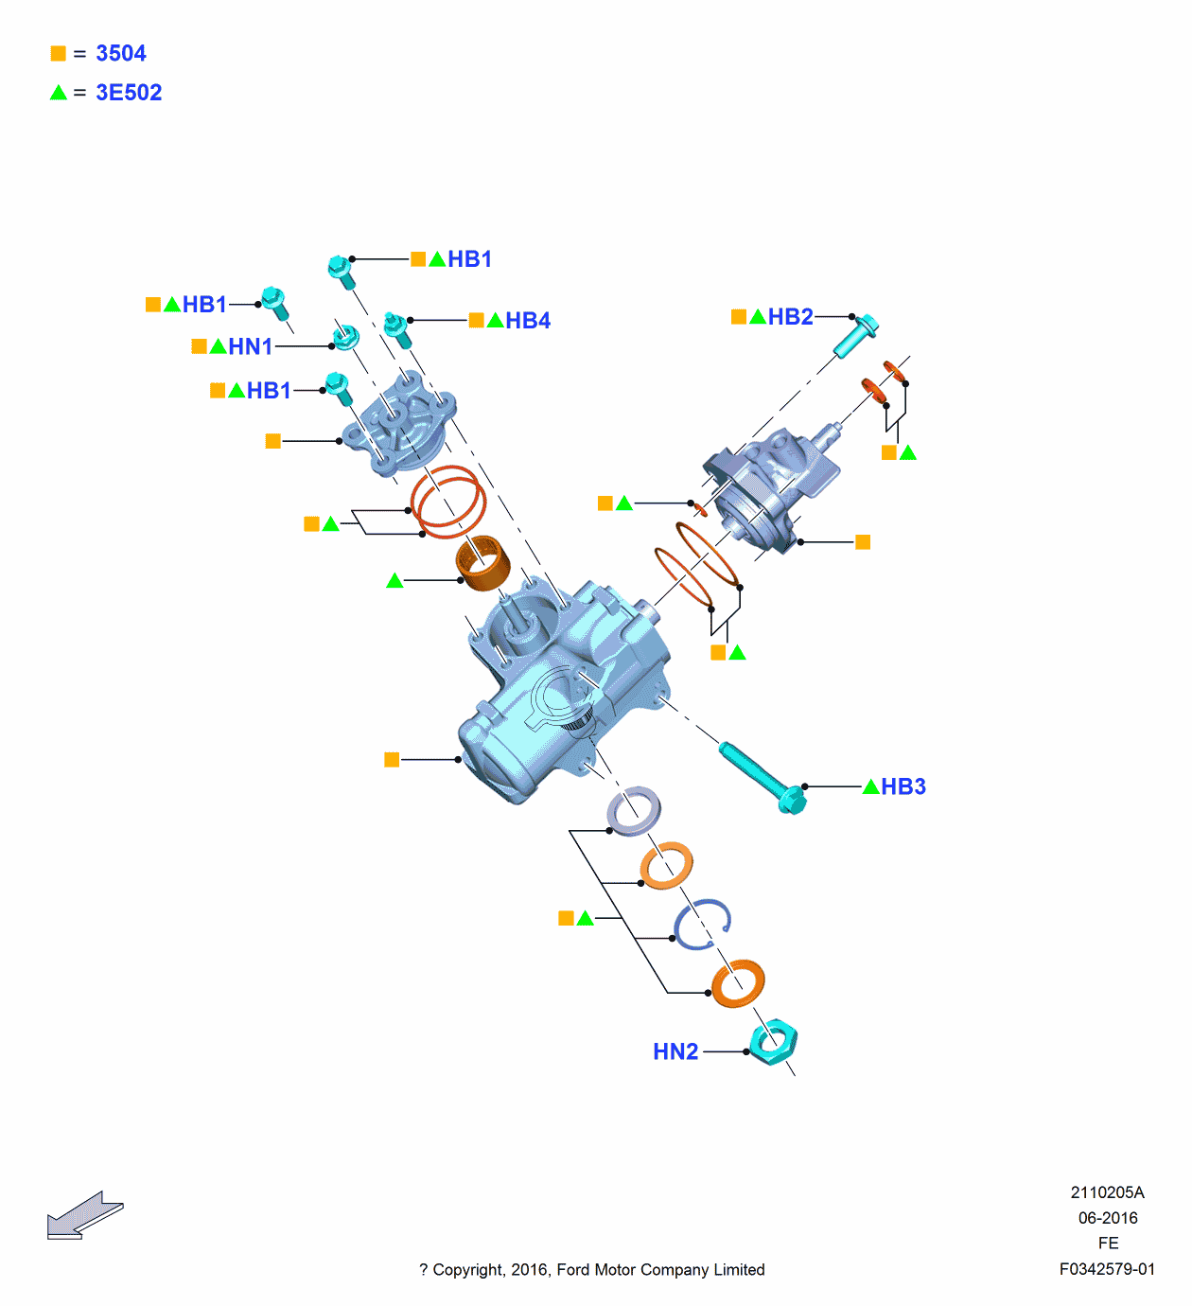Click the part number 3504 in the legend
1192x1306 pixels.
(120, 53)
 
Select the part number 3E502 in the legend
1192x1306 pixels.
(129, 93)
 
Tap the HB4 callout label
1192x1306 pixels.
(527, 321)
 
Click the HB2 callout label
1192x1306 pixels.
(790, 317)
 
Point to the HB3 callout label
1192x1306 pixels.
(903, 786)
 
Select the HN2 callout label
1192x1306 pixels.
(675, 1051)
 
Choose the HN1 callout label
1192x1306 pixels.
(250, 347)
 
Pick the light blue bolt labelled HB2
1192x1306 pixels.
(855, 336)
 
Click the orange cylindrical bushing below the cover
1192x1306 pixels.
(482, 562)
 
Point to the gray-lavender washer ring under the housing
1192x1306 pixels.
(634, 811)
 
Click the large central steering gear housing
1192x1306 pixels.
(558, 691)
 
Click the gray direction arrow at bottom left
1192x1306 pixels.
(83, 1215)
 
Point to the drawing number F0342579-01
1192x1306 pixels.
(1107, 1269)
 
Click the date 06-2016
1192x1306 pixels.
(1108, 1218)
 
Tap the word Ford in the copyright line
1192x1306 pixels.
(573, 1270)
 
